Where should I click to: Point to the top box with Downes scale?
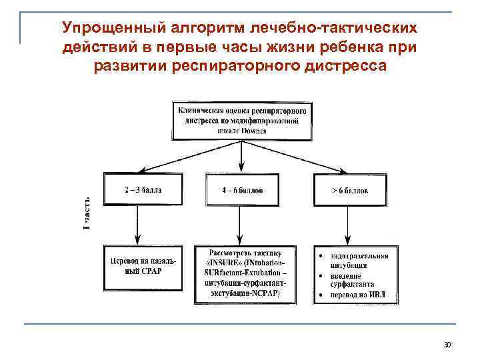241,121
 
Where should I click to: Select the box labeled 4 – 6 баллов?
242,190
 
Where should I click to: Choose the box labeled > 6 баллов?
349,190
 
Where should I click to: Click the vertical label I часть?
87,213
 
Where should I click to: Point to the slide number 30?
447,345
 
